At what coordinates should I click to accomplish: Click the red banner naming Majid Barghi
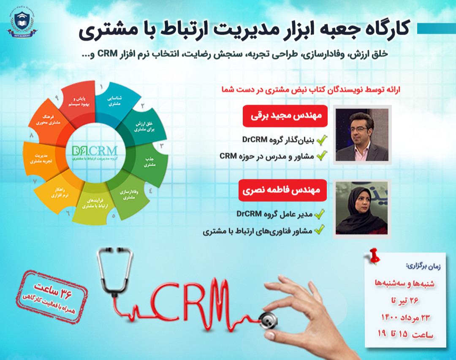coord(285,116)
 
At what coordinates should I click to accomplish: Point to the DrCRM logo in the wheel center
coord(95,152)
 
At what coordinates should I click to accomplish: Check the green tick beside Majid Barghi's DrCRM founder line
coord(322,140)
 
